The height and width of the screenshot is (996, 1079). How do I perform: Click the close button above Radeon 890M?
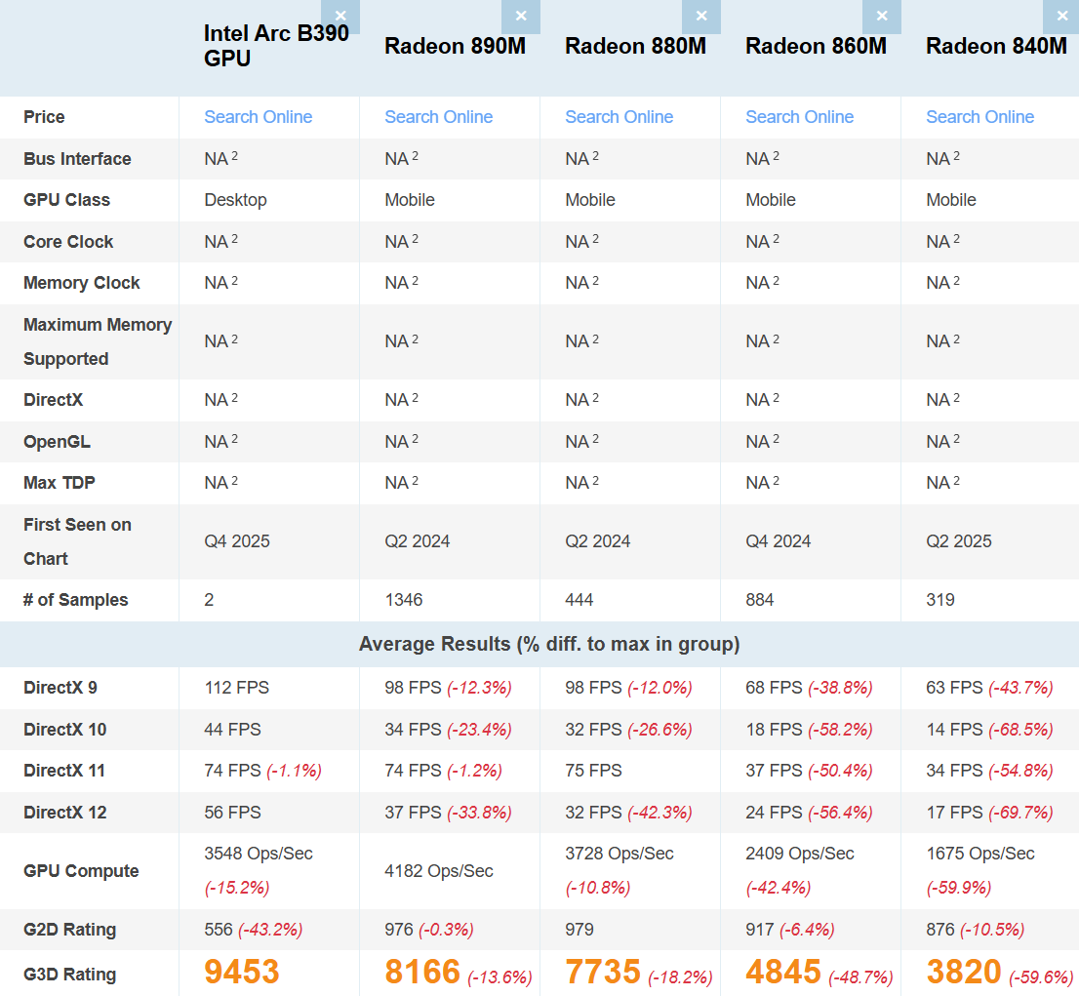(x=521, y=17)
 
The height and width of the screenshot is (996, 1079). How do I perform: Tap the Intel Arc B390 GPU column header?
(x=275, y=46)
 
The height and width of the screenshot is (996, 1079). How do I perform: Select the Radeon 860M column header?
(x=816, y=46)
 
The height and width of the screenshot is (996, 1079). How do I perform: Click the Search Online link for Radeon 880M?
(x=619, y=117)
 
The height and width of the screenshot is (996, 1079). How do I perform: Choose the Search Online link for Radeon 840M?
(x=979, y=117)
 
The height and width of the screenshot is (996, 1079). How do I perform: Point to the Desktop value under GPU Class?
(x=235, y=200)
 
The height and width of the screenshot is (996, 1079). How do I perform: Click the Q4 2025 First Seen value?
(x=237, y=541)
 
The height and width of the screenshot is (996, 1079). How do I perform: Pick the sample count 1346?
(x=404, y=600)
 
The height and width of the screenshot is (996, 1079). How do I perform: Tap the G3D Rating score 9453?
(x=242, y=972)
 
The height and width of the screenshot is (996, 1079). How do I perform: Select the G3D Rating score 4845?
(x=783, y=972)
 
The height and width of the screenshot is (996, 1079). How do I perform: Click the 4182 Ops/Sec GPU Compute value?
(x=439, y=871)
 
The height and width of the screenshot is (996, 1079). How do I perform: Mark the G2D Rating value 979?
(x=579, y=930)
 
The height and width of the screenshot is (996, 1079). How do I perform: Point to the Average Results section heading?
(x=549, y=644)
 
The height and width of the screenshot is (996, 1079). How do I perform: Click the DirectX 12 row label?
(x=65, y=813)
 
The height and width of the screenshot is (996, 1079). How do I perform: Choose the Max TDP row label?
(x=60, y=483)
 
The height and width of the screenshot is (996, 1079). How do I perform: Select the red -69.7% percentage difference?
(x=1020, y=813)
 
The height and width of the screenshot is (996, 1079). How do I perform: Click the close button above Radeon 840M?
(x=1062, y=17)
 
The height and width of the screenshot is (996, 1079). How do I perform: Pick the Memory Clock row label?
(x=82, y=283)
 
